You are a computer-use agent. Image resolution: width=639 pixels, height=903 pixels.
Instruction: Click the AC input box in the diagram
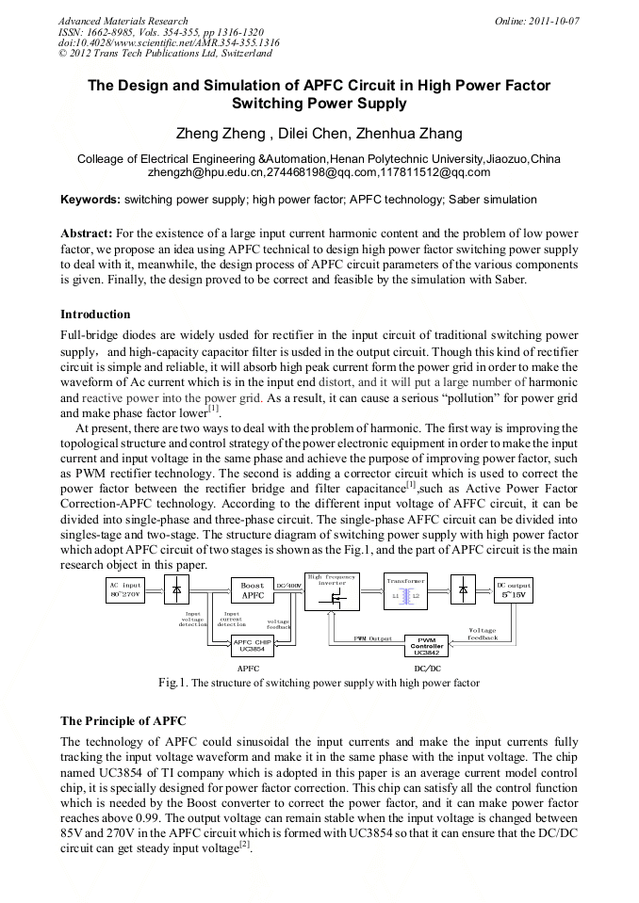125,590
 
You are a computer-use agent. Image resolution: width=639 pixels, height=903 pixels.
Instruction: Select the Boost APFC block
253,590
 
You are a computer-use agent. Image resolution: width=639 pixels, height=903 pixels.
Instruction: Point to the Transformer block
406,589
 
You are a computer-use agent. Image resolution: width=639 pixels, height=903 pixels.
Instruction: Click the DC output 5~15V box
514,590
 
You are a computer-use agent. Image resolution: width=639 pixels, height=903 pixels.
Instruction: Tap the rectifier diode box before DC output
462,590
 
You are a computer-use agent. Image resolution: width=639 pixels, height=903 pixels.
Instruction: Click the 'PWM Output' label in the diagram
372,638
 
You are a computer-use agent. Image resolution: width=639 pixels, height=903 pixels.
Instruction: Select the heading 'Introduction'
95,314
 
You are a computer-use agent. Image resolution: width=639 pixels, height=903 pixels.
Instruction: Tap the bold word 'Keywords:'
90,200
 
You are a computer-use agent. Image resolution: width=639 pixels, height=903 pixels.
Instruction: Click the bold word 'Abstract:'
87,233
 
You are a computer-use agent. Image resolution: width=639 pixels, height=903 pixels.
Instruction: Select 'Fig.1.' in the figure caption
174,683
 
